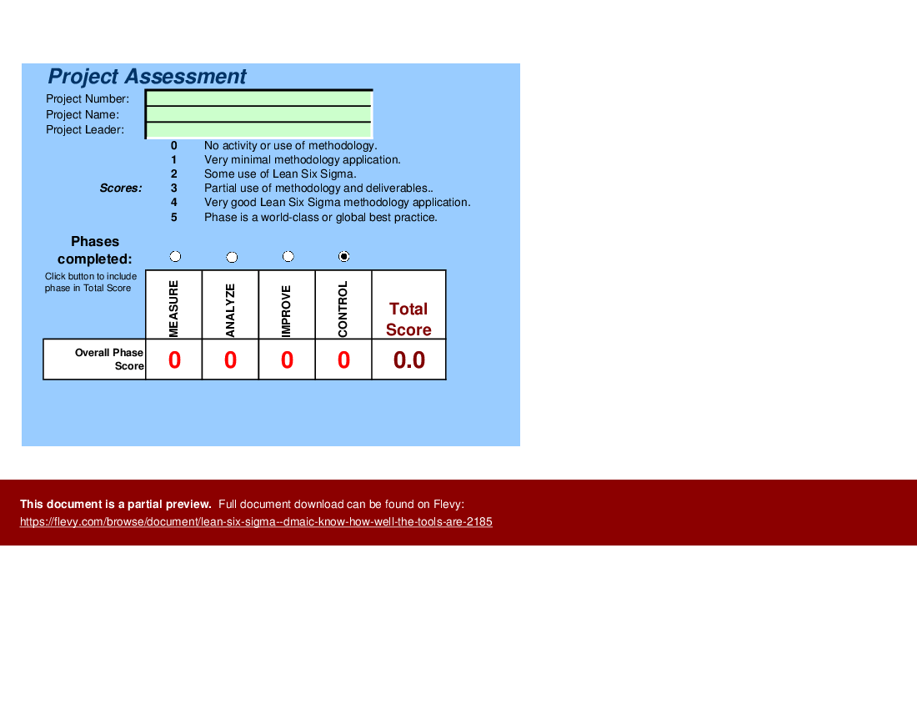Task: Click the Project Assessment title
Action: click(x=147, y=77)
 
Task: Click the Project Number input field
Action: click(x=258, y=98)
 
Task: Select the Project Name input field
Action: click(x=258, y=114)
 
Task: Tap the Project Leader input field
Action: click(x=258, y=130)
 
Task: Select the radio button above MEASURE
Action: click(x=175, y=257)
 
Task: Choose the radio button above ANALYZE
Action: click(x=232, y=257)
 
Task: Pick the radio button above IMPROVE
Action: click(x=288, y=257)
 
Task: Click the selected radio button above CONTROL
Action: click(x=344, y=257)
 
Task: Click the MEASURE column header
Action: click(x=173, y=305)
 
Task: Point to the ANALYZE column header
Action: click(x=230, y=305)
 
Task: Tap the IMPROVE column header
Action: click(x=287, y=305)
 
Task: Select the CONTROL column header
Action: click(x=343, y=305)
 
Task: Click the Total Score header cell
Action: click(x=408, y=319)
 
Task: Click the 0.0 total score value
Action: click(x=409, y=360)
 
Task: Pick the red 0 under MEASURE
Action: click(x=174, y=360)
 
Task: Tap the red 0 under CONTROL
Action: click(x=343, y=360)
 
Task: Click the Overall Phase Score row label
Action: click(x=109, y=360)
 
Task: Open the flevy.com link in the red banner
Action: click(x=256, y=522)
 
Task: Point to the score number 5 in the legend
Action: click(x=174, y=218)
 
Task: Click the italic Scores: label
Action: click(x=121, y=189)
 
